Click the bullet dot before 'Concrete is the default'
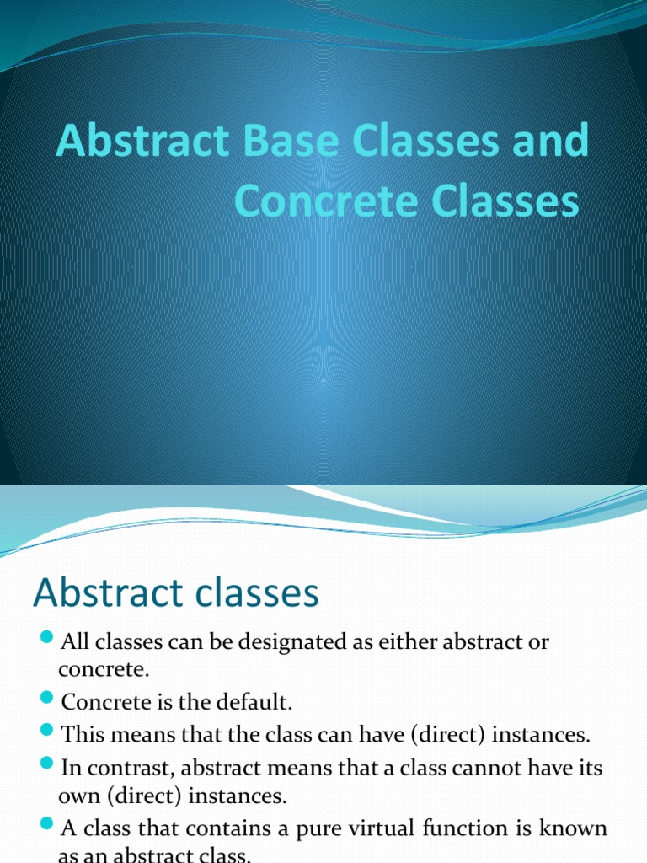(46, 699)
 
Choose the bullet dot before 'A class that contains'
(46, 825)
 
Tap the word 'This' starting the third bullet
(81, 735)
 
